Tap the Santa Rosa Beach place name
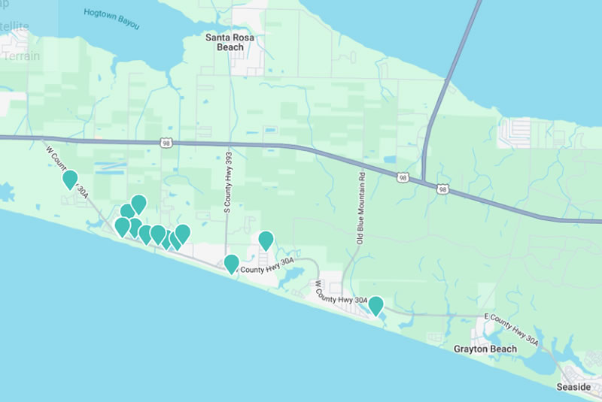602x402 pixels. click(x=225, y=41)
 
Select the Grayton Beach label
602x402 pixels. click(x=485, y=349)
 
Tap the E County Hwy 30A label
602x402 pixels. click(x=512, y=330)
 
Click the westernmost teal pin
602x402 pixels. click(x=70, y=180)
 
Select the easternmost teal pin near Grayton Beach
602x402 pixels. click(x=375, y=305)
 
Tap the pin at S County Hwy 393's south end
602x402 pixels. click(x=232, y=264)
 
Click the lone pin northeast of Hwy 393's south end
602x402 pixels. click(x=266, y=240)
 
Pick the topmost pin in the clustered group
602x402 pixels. click(x=138, y=204)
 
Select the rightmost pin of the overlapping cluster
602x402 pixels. click(x=182, y=234)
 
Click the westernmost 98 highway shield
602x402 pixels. click(x=166, y=142)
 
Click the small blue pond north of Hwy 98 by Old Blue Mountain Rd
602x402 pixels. click(x=389, y=159)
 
